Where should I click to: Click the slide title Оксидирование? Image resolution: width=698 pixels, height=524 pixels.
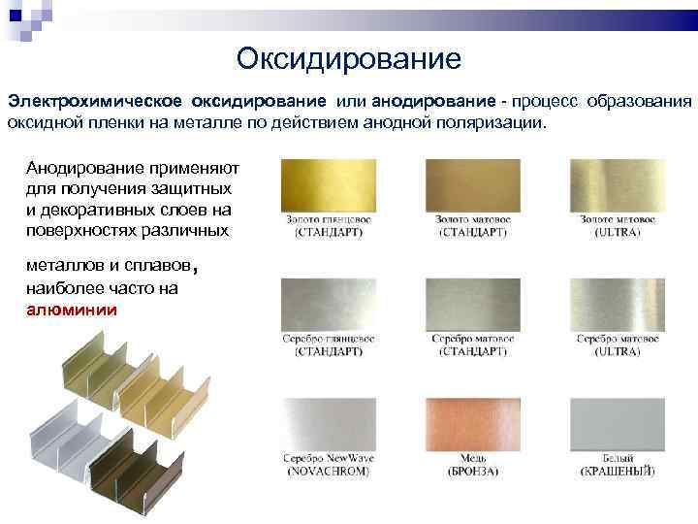pos(348,59)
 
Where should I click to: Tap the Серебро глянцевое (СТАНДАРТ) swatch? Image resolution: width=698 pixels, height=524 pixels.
pos(329,303)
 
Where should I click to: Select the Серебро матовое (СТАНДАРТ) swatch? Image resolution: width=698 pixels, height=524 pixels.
pos(474,303)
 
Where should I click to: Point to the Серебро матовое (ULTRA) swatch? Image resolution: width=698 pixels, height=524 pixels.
pos(618,303)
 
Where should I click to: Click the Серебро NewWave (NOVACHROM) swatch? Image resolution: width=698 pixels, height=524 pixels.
pos(329,421)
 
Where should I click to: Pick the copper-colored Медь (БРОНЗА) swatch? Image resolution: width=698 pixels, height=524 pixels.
pos(474,421)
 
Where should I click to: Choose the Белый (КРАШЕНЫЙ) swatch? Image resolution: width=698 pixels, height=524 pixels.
pos(618,421)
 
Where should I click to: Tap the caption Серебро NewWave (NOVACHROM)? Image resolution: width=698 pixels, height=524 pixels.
pos(329,464)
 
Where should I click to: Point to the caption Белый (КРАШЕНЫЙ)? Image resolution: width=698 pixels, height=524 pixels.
pos(618,464)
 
